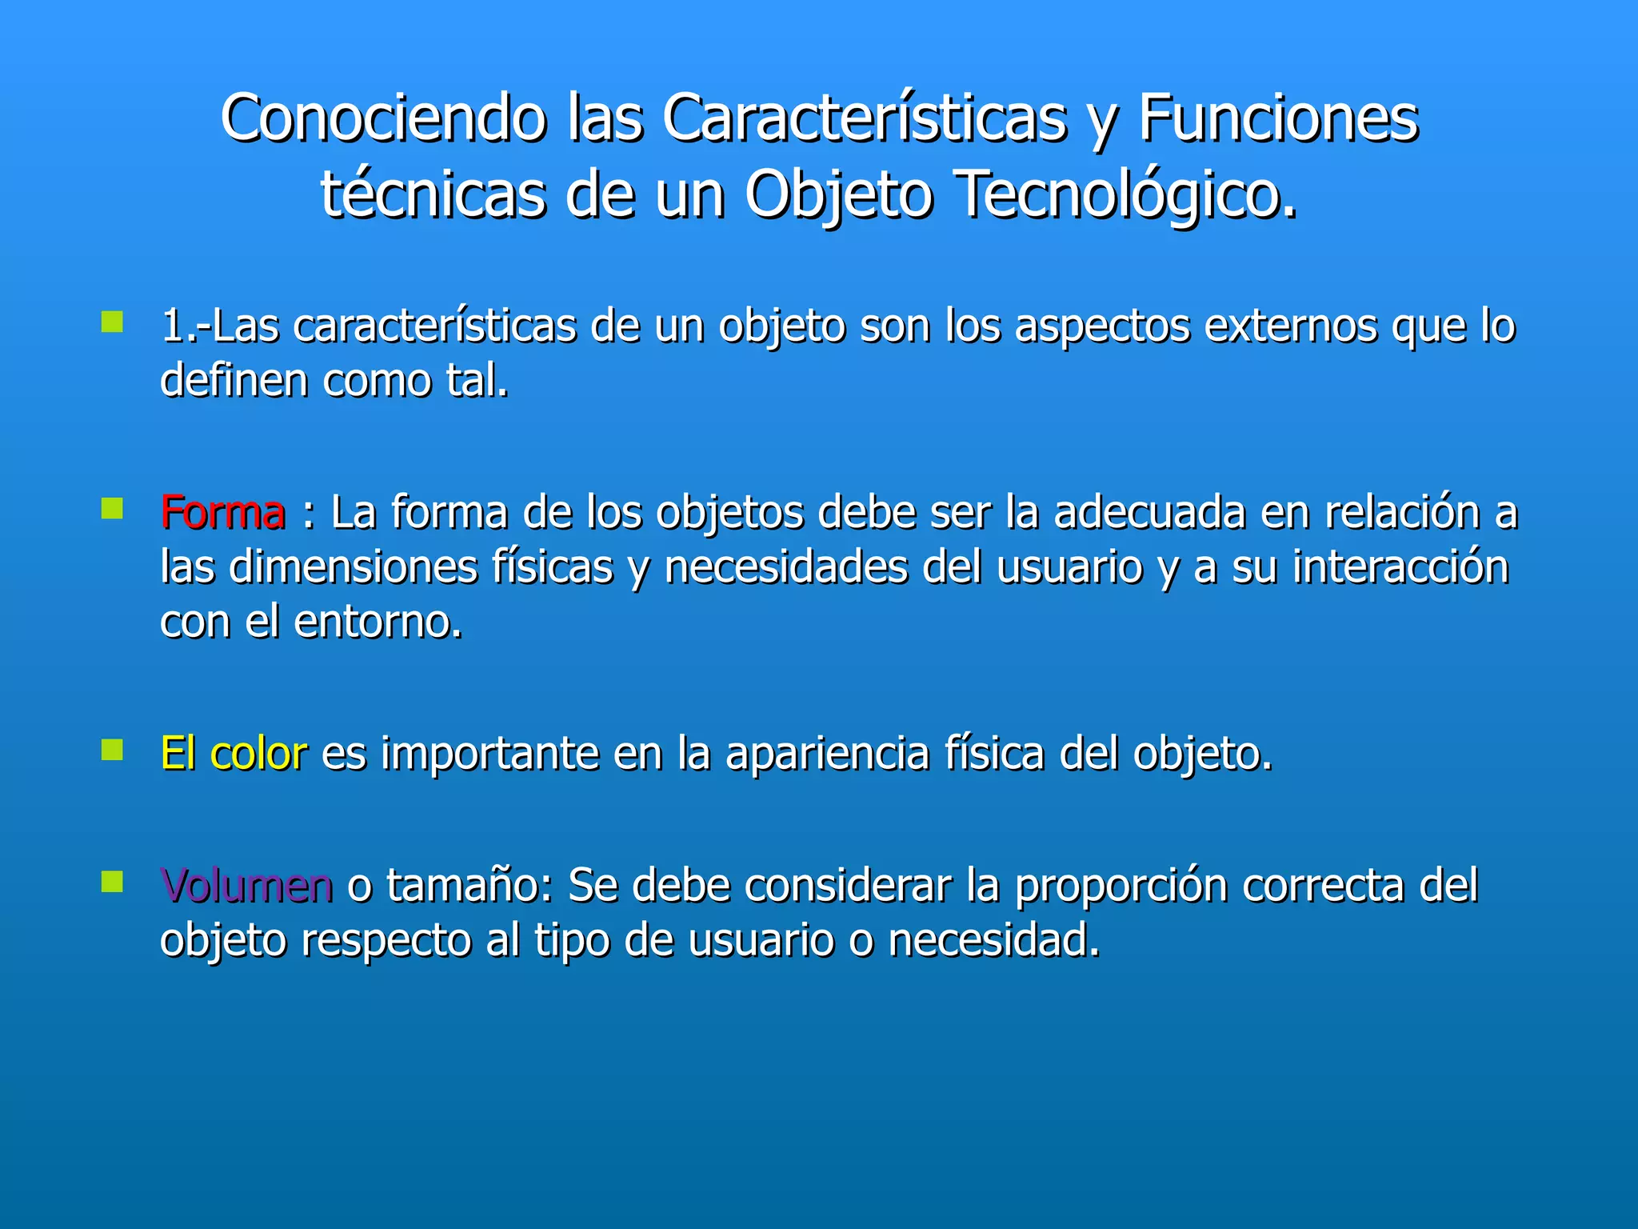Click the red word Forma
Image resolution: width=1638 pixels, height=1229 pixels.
click(x=222, y=513)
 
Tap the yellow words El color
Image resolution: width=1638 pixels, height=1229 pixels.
click(x=234, y=754)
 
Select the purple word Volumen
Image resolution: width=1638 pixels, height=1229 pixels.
click(x=246, y=886)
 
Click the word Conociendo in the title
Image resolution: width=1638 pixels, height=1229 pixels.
click(x=383, y=118)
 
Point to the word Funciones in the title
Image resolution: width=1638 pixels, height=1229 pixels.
click(x=1278, y=118)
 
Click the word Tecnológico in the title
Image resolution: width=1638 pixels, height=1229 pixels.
click(x=1125, y=196)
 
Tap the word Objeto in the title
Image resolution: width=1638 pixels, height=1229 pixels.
click(x=838, y=196)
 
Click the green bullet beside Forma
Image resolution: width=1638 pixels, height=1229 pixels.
click(x=112, y=509)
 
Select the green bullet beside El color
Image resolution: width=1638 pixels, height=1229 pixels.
click(x=112, y=750)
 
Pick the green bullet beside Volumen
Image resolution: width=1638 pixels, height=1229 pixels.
click(x=112, y=882)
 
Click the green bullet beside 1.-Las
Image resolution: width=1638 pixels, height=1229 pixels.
click(x=112, y=322)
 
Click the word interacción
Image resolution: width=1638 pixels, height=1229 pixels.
click(x=1400, y=567)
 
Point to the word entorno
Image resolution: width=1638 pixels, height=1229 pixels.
click(x=378, y=622)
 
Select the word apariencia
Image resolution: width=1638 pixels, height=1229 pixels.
click(x=827, y=754)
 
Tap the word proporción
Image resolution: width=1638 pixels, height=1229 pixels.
click(x=1121, y=886)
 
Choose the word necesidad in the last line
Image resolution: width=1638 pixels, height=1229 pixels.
click(x=993, y=940)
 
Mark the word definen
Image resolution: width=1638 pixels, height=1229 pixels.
click(x=234, y=381)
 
